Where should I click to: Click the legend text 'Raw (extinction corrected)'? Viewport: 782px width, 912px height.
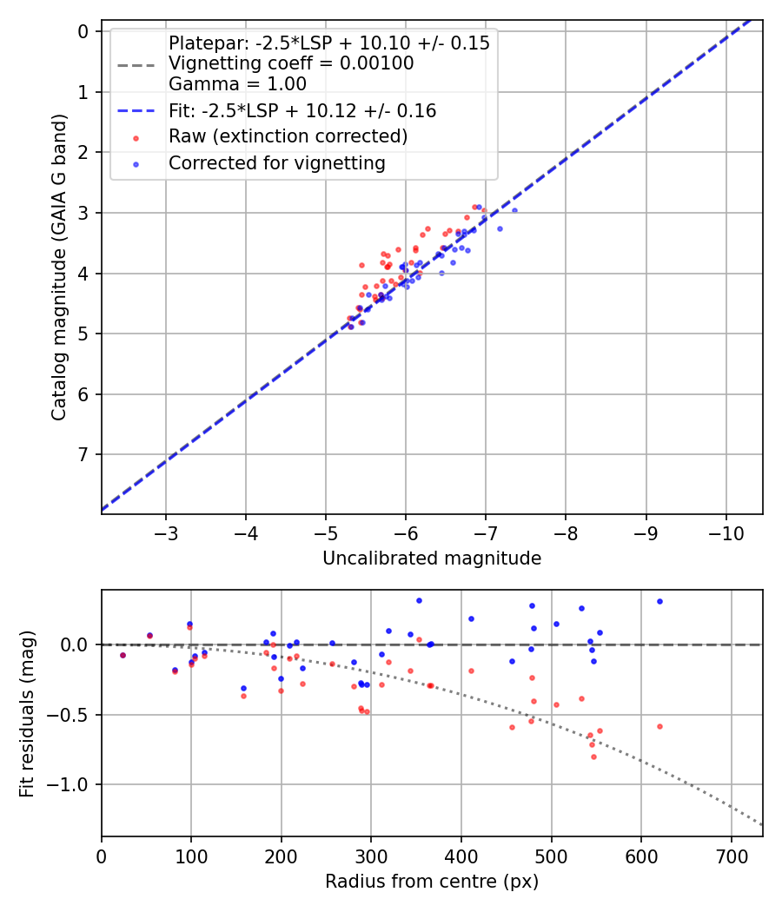[288, 136]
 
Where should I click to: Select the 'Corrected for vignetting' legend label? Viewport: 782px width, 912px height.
[276, 162]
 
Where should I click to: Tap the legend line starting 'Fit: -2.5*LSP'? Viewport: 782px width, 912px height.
[302, 110]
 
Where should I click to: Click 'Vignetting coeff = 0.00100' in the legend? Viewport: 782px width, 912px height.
[291, 63]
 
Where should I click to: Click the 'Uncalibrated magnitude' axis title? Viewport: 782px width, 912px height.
[432, 558]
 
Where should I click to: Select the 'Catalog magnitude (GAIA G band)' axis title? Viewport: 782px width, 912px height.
[58, 273]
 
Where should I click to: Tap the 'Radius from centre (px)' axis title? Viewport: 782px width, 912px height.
[432, 882]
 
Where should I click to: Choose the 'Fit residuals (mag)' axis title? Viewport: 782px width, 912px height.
[27, 714]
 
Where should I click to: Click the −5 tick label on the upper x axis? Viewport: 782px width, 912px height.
[326, 532]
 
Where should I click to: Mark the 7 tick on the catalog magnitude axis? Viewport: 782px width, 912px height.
[84, 454]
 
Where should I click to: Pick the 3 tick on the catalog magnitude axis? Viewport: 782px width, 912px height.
[84, 213]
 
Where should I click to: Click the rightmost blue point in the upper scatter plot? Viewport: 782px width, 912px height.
[514, 210]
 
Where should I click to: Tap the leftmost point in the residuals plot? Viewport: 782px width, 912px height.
[123, 655]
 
